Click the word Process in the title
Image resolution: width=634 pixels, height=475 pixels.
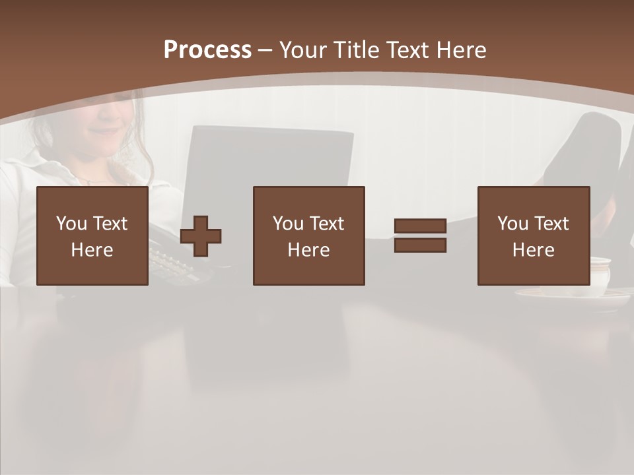pyautogui.click(x=207, y=50)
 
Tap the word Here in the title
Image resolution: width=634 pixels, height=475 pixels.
pyautogui.click(x=460, y=50)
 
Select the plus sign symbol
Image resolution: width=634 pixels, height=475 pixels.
pyautogui.click(x=201, y=236)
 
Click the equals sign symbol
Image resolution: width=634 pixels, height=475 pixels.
pyautogui.click(x=420, y=236)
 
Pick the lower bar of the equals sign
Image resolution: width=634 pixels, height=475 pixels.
pyautogui.click(x=420, y=245)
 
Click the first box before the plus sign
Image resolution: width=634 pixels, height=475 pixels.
pyautogui.click(x=92, y=236)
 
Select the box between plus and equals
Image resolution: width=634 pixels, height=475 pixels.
pyautogui.click(x=309, y=236)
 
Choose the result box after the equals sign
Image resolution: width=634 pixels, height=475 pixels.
pyautogui.click(x=534, y=236)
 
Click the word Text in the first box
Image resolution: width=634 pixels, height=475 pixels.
pyautogui.click(x=110, y=224)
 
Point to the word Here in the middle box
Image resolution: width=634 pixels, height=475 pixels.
pyautogui.click(x=309, y=250)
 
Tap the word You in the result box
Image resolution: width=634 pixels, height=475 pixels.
pyautogui.click(x=512, y=224)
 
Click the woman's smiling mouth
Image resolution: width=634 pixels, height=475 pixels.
pyautogui.click(x=104, y=131)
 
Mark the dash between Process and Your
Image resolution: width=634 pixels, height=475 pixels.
pyautogui.click(x=265, y=50)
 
